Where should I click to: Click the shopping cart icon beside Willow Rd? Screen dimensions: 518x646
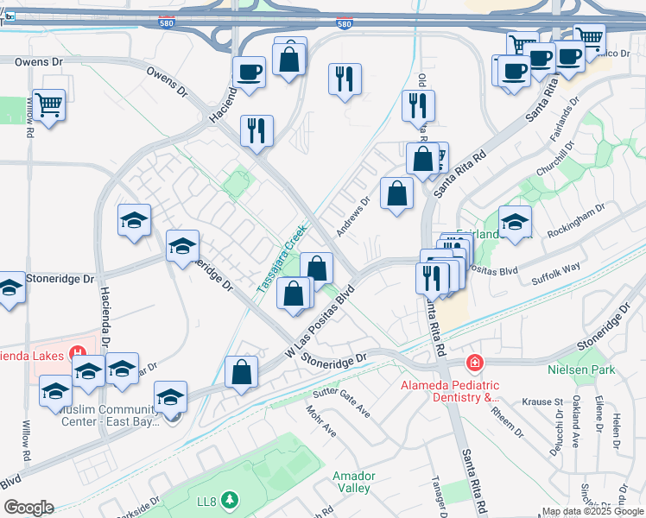[48, 105]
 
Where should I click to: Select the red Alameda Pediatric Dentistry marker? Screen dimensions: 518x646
[473, 363]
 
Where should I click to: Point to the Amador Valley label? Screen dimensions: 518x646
[352, 482]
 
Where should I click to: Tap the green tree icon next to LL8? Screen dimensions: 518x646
[229, 499]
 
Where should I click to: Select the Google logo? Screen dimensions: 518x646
[28, 508]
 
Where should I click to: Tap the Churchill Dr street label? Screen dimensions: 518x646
[552, 158]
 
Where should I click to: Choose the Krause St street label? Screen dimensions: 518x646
[543, 402]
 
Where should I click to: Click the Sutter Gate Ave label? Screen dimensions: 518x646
[343, 403]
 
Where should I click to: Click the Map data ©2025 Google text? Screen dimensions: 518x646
[592, 511]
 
